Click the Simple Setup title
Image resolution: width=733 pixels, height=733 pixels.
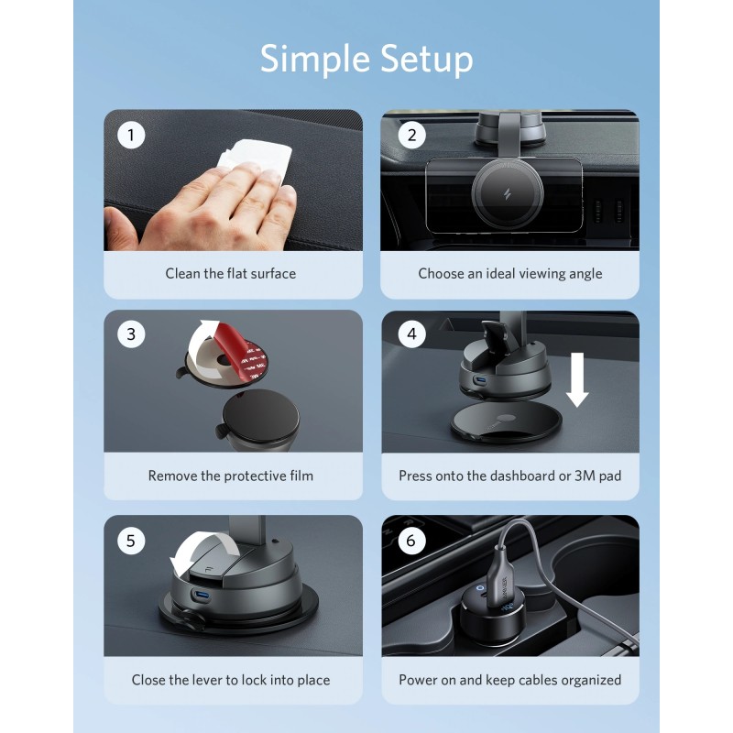366,59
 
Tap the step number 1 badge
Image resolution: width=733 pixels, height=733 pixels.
131,136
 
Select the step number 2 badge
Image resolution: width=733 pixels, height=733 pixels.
411,136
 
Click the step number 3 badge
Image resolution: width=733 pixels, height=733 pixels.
131,334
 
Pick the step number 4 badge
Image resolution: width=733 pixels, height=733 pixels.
411,334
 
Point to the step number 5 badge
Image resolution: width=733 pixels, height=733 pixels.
131,541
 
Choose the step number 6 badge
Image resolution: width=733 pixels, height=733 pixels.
411,541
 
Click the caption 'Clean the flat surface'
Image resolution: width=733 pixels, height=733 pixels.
230,273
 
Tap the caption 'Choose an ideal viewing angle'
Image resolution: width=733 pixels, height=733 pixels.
510,273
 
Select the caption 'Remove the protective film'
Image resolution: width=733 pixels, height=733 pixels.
230,476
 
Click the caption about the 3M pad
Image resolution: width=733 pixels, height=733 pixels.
510,476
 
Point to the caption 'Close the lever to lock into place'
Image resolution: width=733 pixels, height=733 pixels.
230,680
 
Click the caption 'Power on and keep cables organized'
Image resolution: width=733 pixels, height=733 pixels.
510,680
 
